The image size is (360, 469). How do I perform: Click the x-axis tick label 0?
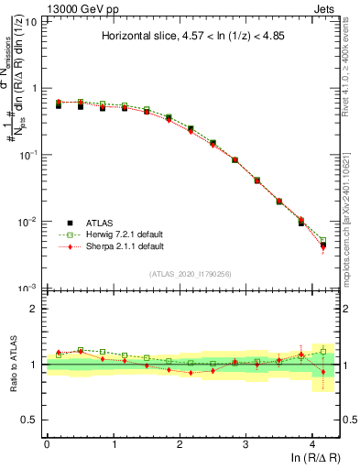coord(47,443)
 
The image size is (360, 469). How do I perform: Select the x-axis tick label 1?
coord(114,443)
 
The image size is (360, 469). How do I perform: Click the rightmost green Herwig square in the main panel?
coord(322,241)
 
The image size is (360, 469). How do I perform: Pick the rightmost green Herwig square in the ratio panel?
coord(322,352)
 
